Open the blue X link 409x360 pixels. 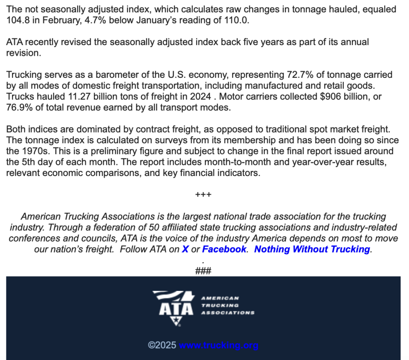(x=185, y=249)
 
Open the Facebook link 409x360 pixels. (x=224, y=249)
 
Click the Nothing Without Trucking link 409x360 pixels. (x=312, y=249)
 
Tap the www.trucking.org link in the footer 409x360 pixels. (x=218, y=345)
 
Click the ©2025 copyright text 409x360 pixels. (x=162, y=345)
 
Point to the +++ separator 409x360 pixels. (x=203, y=195)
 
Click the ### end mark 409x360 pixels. (x=203, y=271)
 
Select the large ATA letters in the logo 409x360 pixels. (x=176, y=309)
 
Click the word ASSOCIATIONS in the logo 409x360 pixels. (x=228, y=313)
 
